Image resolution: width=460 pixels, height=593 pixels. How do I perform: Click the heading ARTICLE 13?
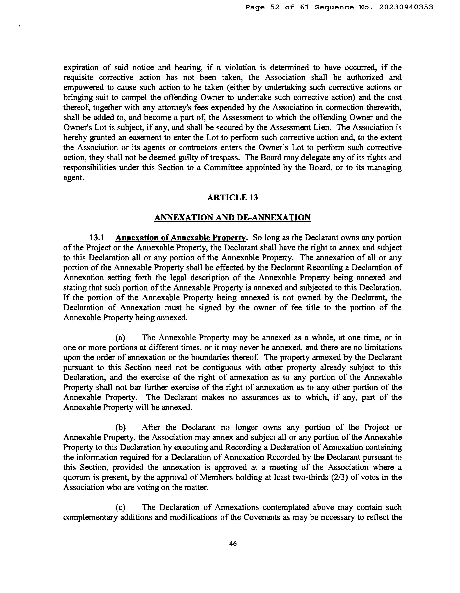232,197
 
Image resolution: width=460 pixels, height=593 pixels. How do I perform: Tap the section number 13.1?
97,238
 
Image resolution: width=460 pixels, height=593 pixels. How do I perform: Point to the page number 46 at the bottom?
233,544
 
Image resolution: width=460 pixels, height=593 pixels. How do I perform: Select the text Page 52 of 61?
277,7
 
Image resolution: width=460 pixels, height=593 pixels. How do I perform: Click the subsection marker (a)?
120,338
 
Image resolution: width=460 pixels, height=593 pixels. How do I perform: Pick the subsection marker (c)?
120,507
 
